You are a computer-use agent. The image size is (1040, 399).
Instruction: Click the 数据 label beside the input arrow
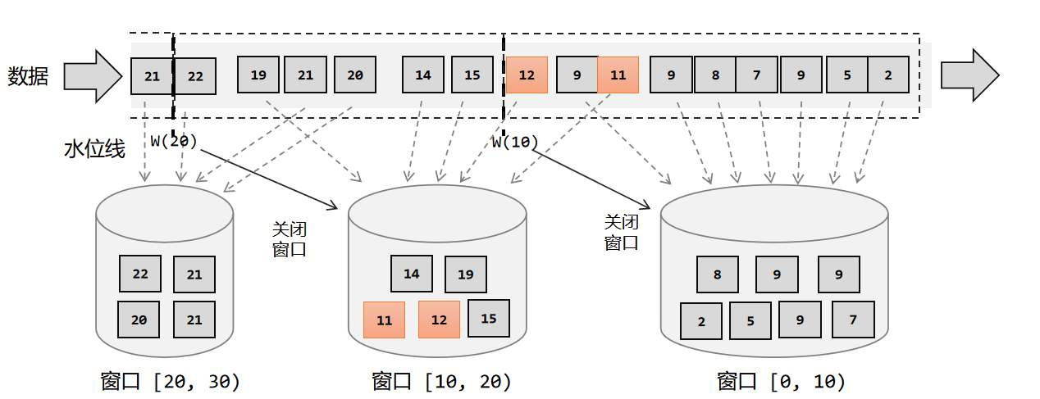tap(29, 76)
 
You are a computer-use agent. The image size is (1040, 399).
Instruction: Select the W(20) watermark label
tap(174, 141)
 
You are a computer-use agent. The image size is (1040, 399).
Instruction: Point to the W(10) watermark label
tap(515, 142)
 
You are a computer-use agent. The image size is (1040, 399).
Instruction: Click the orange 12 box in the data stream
tap(527, 75)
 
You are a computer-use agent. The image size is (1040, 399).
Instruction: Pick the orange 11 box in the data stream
tap(618, 75)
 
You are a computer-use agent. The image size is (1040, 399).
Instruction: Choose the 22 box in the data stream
tap(195, 76)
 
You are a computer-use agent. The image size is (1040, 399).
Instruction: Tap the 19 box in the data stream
tap(258, 75)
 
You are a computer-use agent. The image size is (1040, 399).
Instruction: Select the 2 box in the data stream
tap(888, 75)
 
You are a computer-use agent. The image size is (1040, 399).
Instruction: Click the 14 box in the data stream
tap(423, 75)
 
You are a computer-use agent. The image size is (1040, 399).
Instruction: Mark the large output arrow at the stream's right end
tap(969, 75)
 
